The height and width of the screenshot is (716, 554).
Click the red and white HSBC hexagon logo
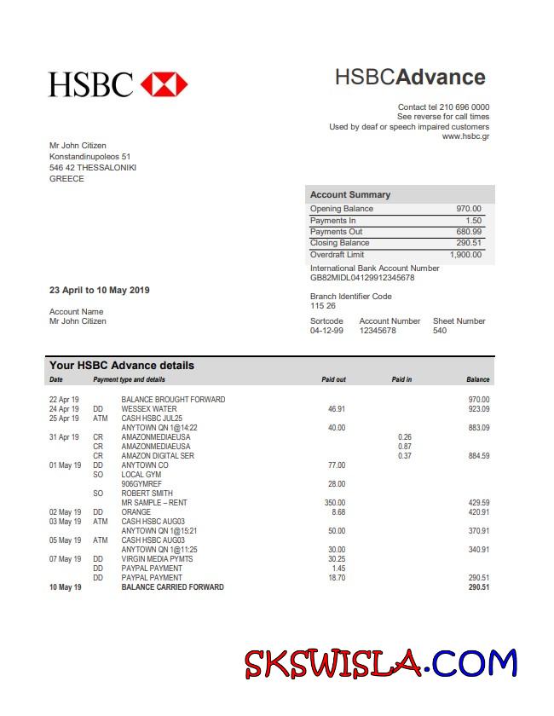(x=164, y=84)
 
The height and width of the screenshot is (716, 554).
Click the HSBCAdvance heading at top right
(x=410, y=77)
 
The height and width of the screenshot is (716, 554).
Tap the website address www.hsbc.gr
(x=465, y=136)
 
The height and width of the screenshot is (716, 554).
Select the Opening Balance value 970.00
(x=468, y=209)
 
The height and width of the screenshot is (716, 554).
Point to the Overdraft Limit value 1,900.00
(x=465, y=254)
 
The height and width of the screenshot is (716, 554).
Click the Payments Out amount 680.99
(x=468, y=232)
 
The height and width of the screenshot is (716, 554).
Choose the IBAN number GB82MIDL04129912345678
(x=362, y=278)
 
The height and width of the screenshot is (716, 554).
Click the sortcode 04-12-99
(x=326, y=331)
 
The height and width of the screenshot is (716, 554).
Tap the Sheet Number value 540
(x=440, y=331)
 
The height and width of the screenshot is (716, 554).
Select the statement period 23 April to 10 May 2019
(x=99, y=290)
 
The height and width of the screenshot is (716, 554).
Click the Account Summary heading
(x=350, y=194)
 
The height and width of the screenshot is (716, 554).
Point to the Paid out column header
(x=333, y=379)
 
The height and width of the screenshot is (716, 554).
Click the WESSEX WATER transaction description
(x=149, y=409)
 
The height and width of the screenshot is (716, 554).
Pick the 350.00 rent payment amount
(x=335, y=503)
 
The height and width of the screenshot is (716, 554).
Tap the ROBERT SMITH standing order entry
(x=147, y=494)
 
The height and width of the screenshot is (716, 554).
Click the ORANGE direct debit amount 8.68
(x=338, y=512)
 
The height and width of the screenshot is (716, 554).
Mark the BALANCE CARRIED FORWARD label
(x=172, y=587)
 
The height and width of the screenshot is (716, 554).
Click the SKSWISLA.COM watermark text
(x=380, y=662)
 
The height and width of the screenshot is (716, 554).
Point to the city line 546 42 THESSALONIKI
(x=93, y=168)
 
